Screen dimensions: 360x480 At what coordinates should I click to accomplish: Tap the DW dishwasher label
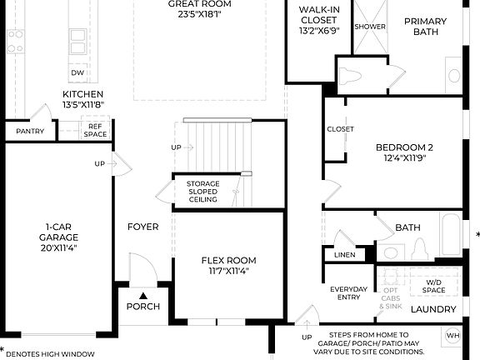pos(77,73)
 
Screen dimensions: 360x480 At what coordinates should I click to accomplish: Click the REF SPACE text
pos(95,130)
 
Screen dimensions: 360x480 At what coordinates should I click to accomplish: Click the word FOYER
pos(142,227)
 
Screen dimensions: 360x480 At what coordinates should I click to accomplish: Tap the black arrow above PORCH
pos(143,295)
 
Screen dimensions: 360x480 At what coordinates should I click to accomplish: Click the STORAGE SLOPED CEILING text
pos(202,192)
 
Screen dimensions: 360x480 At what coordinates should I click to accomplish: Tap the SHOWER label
pos(370,27)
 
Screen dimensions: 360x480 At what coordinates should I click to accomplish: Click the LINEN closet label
pos(345,255)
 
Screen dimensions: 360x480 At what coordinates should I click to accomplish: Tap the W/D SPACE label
pos(434,287)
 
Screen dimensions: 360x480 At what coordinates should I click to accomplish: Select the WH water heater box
pos(452,336)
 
